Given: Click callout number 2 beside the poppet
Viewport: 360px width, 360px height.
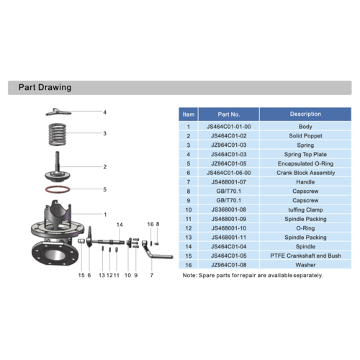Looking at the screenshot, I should point(104,167).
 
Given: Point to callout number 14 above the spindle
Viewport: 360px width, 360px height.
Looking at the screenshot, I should point(120,225).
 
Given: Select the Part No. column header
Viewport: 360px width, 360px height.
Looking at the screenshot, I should point(228,114).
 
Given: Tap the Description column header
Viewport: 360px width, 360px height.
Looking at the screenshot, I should point(305,114).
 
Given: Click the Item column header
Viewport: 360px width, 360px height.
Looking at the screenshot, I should point(189,114).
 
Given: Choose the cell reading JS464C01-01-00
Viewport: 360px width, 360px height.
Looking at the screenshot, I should point(228,127).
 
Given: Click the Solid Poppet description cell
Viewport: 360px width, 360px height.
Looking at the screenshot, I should point(305,135).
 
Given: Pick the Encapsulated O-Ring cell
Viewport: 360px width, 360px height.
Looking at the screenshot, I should point(305,163).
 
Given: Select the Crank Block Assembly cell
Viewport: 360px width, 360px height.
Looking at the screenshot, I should point(305,173).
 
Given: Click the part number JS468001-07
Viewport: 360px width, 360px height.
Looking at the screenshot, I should point(228,182).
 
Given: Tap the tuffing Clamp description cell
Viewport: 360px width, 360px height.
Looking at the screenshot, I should point(305,210).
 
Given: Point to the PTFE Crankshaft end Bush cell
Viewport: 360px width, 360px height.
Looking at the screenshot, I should point(305,256).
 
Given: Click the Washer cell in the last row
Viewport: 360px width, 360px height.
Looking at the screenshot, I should point(305,265).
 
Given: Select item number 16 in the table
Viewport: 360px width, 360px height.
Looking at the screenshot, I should point(189,265).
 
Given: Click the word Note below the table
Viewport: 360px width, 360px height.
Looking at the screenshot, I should point(189,276).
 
